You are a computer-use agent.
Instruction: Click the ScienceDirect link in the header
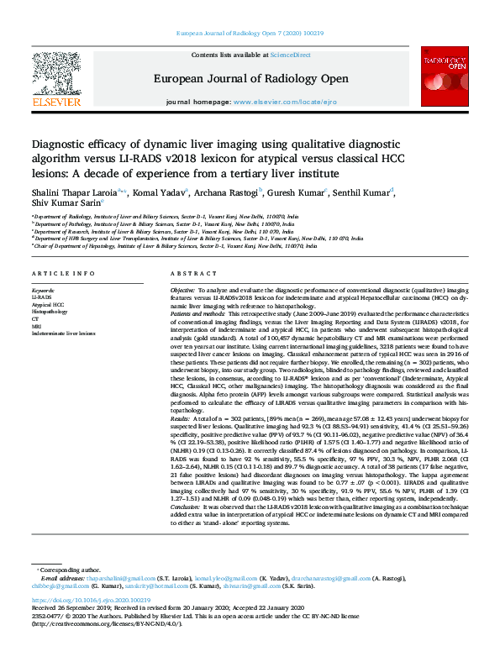292,55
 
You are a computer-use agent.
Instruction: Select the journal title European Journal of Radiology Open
250,78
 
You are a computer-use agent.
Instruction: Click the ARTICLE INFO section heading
63,275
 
